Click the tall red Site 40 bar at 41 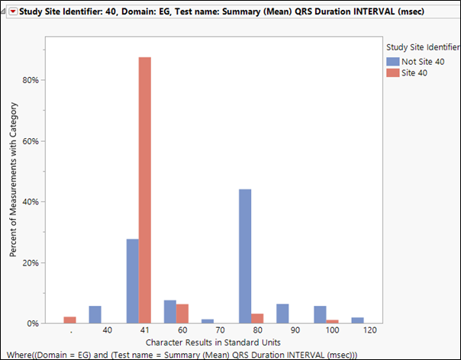click(145, 191)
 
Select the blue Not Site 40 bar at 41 click(133, 281)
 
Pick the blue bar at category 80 click(246, 256)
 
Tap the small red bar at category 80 click(257, 319)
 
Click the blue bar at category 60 click(170, 312)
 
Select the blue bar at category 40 click(95, 315)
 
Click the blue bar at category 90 click(283, 313)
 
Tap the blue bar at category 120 click(358, 320)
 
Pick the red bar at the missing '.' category click(70, 320)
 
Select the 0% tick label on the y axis click(32, 323)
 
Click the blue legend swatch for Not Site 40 click(392, 62)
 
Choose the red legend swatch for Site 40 click(392, 72)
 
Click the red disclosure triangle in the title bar click(12, 11)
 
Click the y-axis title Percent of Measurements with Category click(14, 184)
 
